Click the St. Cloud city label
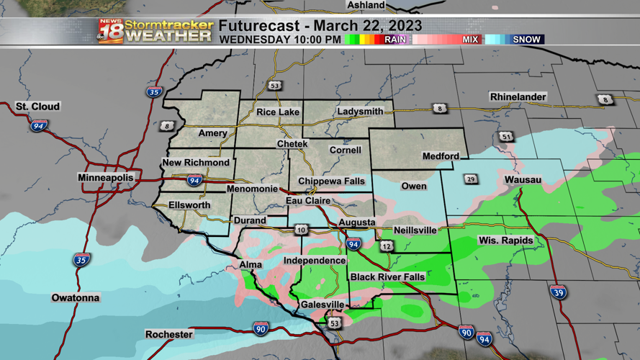(38, 107)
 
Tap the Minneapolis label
(106, 177)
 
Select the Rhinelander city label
(518, 96)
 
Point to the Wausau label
(523, 179)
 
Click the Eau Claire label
(308, 201)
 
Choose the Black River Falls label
(387, 277)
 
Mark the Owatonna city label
(76, 297)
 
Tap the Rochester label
(169, 334)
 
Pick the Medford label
(441, 156)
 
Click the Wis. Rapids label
(505, 240)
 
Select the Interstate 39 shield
(558, 292)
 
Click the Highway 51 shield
(507, 137)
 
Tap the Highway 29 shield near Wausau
(471, 179)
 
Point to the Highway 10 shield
(301, 230)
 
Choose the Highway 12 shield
(387, 246)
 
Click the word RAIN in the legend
(395, 40)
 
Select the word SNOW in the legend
(526, 40)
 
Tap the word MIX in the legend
(470, 40)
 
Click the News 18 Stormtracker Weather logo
(156, 31)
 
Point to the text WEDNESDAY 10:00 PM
(280, 40)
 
